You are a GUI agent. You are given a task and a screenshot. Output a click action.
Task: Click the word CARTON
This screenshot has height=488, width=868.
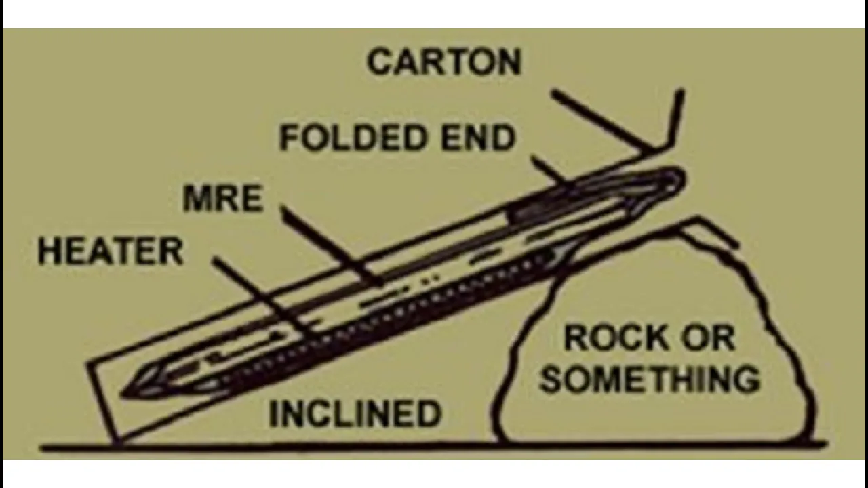click(x=444, y=62)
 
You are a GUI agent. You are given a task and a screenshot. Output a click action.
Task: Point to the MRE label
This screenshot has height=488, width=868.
click(x=222, y=199)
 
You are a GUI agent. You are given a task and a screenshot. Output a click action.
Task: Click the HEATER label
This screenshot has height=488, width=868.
click(x=111, y=251)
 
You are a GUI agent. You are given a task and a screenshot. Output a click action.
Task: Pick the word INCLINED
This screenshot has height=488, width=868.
click(x=355, y=413)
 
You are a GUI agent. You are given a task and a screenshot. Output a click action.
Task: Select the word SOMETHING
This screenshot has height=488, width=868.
click(x=649, y=380)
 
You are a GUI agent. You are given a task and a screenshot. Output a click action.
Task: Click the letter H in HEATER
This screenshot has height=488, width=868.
click(x=49, y=251)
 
